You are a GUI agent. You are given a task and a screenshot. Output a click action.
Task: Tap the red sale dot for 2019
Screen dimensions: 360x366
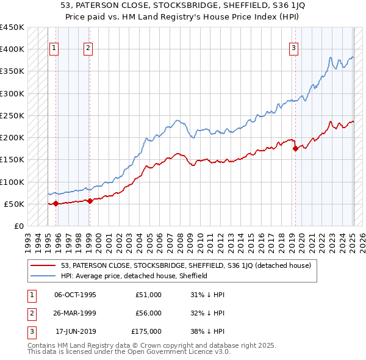point(295,148)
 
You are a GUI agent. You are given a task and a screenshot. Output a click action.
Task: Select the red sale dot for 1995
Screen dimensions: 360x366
point(56,203)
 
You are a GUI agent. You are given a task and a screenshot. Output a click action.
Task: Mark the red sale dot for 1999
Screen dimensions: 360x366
point(90,201)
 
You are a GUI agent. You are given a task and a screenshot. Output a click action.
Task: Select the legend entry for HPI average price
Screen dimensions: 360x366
point(134,276)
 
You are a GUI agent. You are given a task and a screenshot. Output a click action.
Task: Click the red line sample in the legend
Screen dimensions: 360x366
point(43,265)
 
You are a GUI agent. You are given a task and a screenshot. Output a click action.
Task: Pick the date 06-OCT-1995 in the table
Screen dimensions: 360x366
point(75,295)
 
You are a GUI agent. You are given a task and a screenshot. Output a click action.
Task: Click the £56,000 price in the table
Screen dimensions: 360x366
point(148,313)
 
